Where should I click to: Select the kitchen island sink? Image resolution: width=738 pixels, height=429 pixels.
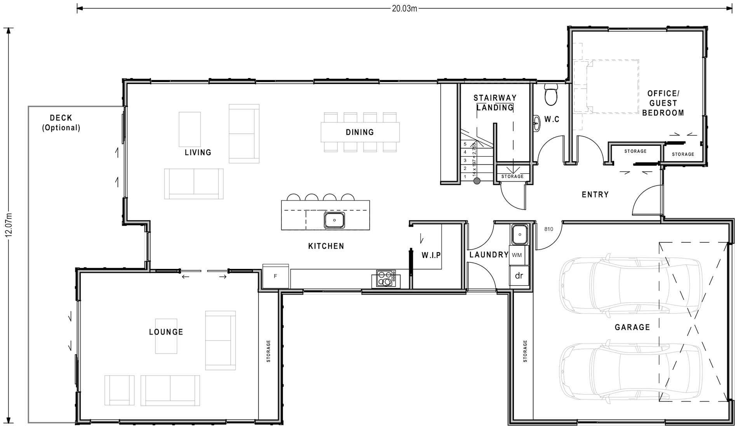[334, 220]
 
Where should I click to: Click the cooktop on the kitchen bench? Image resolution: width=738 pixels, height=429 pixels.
[386, 279]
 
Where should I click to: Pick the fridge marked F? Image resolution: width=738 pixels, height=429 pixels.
[275, 276]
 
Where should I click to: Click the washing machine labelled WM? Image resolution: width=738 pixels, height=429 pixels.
[517, 255]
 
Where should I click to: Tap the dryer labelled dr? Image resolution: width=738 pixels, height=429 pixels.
[519, 276]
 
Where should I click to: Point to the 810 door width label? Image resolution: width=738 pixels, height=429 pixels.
[548, 229]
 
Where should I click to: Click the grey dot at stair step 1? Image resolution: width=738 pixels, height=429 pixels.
[477, 181]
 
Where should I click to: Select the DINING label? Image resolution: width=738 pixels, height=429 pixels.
[360, 132]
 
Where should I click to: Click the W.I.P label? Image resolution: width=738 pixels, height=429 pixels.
[431, 255]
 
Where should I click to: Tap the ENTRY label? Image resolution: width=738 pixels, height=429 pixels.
[595, 195]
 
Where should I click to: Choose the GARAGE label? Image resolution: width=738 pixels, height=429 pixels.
[632, 327]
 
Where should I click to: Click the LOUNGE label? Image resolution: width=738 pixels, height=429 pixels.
[166, 332]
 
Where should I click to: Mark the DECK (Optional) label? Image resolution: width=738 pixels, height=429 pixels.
[61, 122]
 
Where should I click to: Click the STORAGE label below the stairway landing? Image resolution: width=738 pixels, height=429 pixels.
[512, 176]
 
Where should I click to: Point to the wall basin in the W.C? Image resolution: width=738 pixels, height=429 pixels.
[536, 123]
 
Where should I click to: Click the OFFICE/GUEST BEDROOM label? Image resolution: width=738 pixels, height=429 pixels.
[663, 103]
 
